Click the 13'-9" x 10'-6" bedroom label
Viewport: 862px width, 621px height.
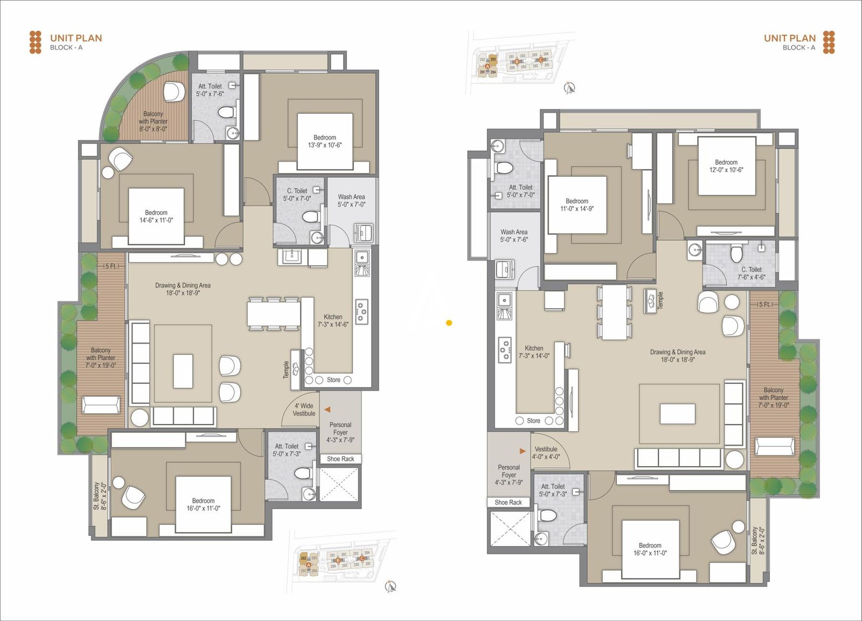click(x=324, y=141)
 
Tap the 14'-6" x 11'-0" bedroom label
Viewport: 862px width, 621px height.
click(x=156, y=216)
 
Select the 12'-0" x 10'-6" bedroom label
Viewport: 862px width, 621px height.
click(x=726, y=165)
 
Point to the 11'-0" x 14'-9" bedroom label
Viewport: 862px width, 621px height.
click(x=576, y=205)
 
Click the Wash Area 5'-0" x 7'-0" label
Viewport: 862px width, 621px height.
click(x=351, y=201)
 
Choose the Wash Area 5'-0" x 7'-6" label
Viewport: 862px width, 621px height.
click(x=513, y=236)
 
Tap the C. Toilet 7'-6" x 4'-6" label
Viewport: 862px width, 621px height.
click(x=751, y=273)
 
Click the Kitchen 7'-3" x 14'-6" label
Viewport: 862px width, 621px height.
click(x=333, y=321)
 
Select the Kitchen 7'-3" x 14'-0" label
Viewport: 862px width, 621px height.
click(x=534, y=352)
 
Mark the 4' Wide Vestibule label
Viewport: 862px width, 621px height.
click(x=304, y=410)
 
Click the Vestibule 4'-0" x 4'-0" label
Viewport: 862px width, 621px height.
click(x=546, y=453)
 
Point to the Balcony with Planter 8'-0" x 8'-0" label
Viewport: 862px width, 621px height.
click(x=153, y=121)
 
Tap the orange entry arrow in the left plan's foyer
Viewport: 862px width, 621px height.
click(x=327, y=410)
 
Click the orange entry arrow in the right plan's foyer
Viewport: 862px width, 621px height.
click(x=522, y=451)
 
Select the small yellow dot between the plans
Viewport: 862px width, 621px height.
click(x=449, y=323)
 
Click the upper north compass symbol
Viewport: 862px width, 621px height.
click(x=569, y=87)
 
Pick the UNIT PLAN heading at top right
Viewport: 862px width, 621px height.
click(x=789, y=38)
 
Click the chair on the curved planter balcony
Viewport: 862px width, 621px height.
click(x=174, y=92)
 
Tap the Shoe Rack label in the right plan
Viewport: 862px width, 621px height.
click(x=508, y=502)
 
